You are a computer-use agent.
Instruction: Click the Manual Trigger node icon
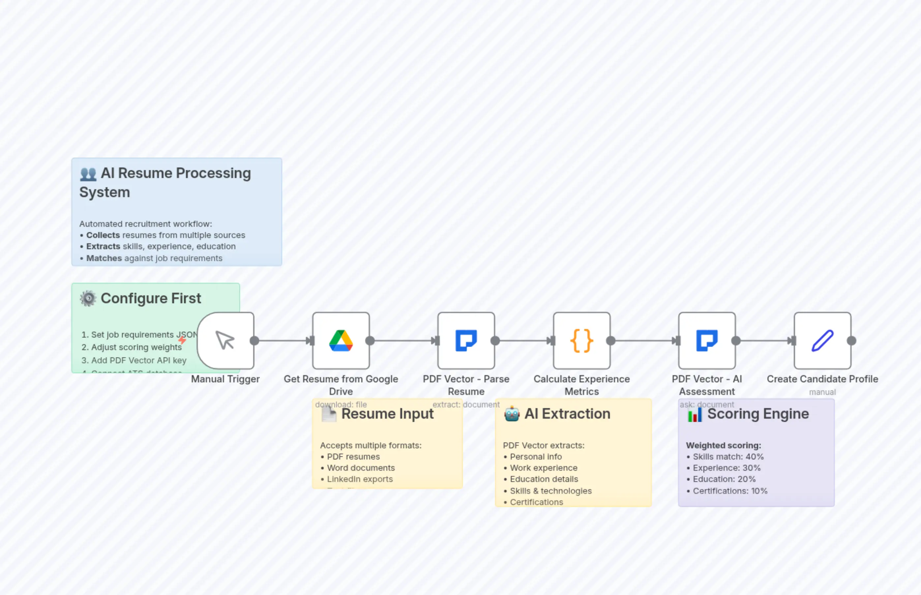click(225, 341)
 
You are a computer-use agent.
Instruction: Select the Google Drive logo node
click(341, 341)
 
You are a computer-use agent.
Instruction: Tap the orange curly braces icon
click(581, 341)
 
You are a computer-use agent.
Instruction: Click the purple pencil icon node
click(822, 341)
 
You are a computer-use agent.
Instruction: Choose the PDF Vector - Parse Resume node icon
click(466, 341)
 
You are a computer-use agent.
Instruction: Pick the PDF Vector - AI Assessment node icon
click(707, 341)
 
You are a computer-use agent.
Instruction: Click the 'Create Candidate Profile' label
click(822, 379)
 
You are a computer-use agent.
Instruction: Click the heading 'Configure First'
click(151, 298)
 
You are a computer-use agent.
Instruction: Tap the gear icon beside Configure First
click(88, 298)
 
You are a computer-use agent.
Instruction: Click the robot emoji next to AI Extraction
click(512, 414)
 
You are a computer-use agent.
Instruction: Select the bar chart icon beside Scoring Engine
click(694, 415)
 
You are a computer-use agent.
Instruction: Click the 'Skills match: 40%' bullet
click(728, 457)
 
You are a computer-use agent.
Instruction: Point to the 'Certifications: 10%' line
click(730, 491)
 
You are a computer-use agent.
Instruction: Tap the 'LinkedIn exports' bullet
click(360, 479)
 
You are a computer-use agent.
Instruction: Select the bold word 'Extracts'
click(103, 247)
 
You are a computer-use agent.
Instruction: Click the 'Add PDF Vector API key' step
click(138, 360)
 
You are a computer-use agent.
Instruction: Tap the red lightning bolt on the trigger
click(182, 340)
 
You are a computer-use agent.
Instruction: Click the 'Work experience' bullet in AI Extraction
click(543, 468)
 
